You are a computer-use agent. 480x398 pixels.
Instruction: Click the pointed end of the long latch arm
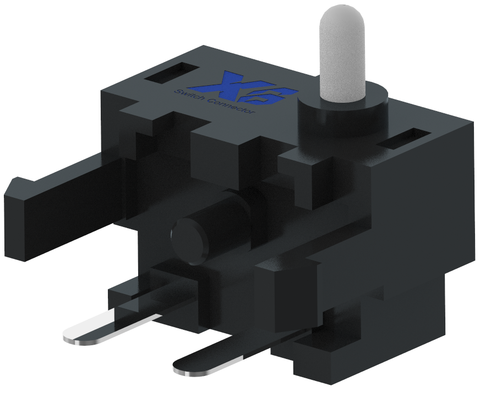[x=14, y=187]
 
